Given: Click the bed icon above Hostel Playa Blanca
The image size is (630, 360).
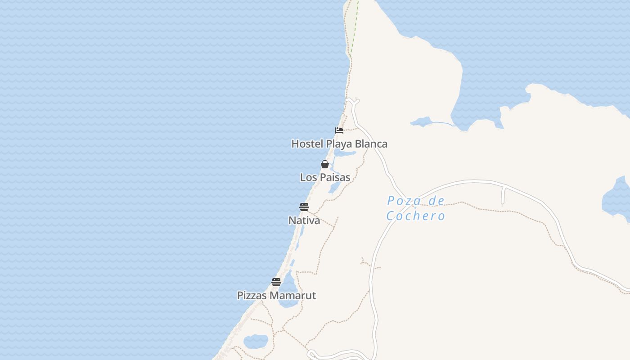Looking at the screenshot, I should coord(339,130).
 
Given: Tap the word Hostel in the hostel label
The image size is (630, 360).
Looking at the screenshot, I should coord(307,144).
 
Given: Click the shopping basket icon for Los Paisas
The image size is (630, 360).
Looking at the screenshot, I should coord(325,164).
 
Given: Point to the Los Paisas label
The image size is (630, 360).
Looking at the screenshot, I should coord(325,177).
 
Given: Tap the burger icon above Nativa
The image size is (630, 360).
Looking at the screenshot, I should coord(304,207).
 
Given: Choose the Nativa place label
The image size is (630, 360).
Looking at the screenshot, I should coord(304,220).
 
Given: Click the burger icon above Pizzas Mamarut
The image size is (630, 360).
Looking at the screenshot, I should coord(276,282).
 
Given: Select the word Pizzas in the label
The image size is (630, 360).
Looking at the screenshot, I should coord(252,296).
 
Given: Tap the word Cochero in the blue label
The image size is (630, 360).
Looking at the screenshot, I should coord(416,216).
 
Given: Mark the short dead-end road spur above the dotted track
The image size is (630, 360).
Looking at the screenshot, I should coord(503,196).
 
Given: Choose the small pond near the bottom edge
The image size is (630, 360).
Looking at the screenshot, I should coord(256,342).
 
